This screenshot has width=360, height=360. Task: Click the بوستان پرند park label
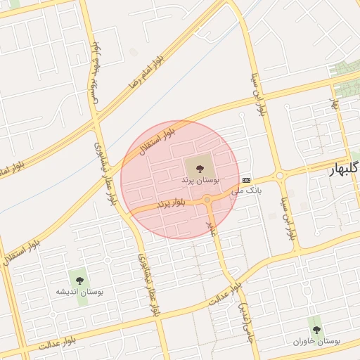(200, 181)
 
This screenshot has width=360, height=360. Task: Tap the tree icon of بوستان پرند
(200, 167)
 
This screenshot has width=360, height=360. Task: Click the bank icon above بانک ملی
(246, 180)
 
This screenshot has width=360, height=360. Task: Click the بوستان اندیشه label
(77, 290)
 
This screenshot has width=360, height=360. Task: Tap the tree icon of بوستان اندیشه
(77, 276)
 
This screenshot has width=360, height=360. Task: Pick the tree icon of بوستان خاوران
(316, 328)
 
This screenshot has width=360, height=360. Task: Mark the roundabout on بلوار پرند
(207, 200)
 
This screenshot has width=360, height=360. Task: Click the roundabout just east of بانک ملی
(280, 175)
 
